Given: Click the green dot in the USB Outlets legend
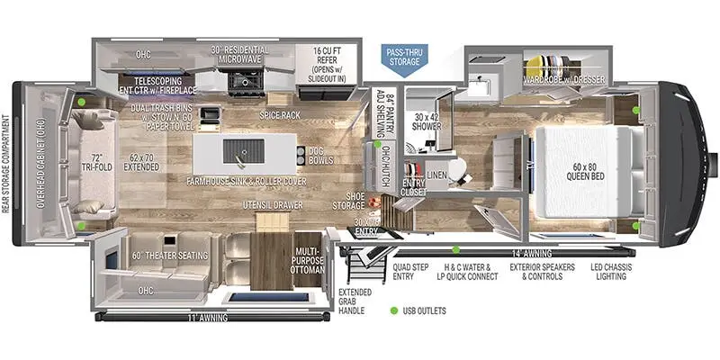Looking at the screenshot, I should [393, 311].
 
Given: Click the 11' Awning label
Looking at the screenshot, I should [199, 319].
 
